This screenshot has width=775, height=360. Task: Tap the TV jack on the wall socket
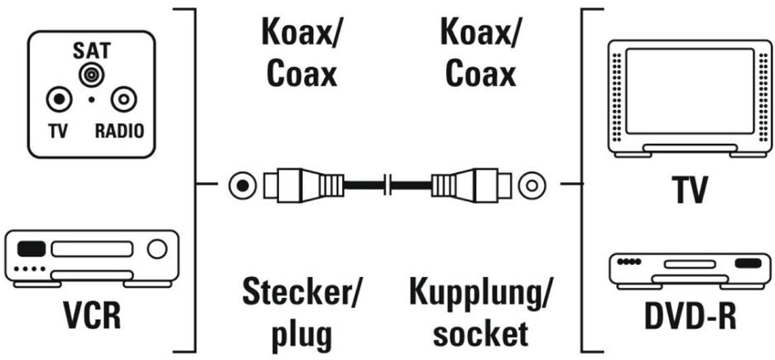(58, 101)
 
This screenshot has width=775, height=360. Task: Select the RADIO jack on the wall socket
(123, 101)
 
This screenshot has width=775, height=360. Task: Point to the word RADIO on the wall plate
(119, 131)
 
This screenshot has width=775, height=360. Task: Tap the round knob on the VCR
(156, 248)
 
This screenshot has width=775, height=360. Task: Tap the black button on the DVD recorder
(746, 264)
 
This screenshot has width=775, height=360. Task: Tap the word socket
(480, 334)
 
